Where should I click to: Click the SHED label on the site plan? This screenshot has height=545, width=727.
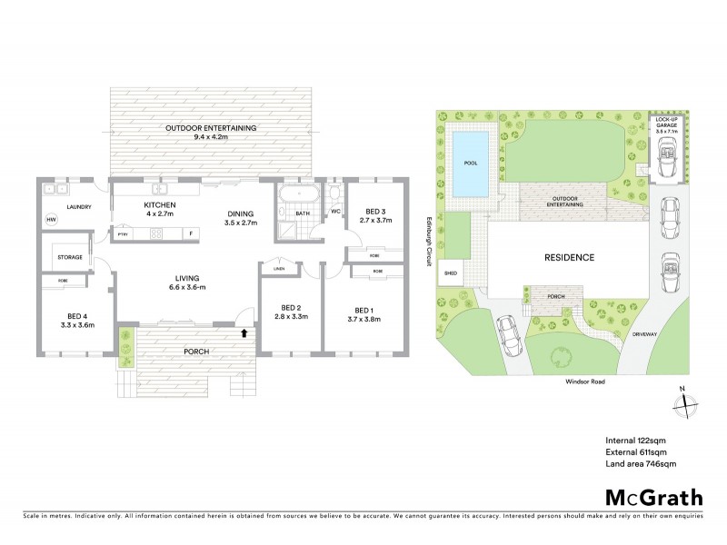click(450, 272)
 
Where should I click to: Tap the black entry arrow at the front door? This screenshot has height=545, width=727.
click(243, 333)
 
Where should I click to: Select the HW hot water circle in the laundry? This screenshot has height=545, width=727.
click(52, 220)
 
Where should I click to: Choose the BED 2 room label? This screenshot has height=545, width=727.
click(293, 311)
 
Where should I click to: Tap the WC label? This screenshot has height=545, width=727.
click(334, 213)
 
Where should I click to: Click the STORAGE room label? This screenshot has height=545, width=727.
click(71, 257)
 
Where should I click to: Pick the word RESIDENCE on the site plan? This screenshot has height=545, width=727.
click(570, 257)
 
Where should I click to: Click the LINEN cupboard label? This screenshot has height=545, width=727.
click(279, 269)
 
